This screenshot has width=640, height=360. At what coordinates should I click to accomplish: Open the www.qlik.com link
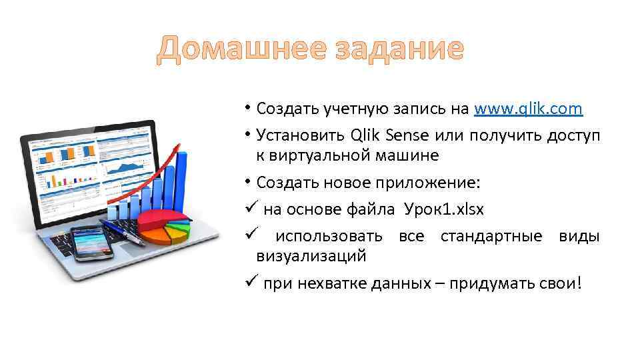[x=528, y=109]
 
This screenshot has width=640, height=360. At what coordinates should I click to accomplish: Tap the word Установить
[x=300, y=135]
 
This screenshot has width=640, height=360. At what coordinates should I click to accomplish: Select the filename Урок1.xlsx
[x=443, y=209]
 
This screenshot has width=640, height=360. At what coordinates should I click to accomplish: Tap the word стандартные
[x=487, y=236]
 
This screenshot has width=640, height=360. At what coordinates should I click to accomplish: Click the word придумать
[x=484, y=283]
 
